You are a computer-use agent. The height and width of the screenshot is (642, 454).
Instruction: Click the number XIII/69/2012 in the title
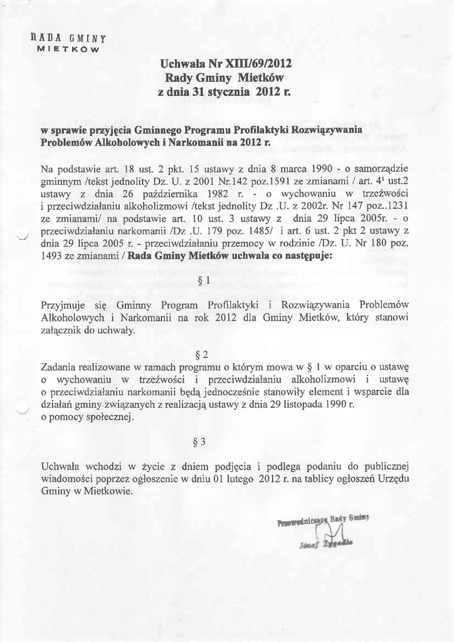(260, 64)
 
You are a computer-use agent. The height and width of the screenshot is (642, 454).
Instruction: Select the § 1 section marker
(203, 280)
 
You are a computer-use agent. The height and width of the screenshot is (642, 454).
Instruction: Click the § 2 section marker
(202, 355)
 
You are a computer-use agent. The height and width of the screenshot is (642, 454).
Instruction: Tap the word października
(178, 194)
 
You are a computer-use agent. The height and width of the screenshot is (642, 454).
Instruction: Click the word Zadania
(58, 367)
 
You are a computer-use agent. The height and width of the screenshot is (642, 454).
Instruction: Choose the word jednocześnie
(216, 392)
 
